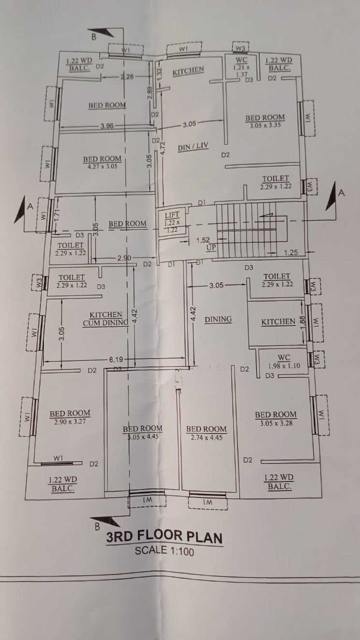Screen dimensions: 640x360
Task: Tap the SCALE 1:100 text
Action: point(164,550)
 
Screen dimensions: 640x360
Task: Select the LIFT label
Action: point(172,215)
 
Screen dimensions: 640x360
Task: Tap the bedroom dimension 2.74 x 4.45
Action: point(206,436)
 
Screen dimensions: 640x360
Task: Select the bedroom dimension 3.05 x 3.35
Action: point(264,125)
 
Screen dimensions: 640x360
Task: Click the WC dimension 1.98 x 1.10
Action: point(284,366)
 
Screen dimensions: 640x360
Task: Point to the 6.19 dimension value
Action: point(115,360)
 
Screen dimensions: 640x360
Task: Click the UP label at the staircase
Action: point(211,247)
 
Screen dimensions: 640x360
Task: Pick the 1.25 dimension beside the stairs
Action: point(291,252)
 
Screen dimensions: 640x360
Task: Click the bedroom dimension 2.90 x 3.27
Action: point(70,421)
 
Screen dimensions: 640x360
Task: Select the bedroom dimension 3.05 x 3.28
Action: point(275,422)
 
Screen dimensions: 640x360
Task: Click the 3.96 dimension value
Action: point(107,126)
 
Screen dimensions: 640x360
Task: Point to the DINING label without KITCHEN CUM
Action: point(218,320)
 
